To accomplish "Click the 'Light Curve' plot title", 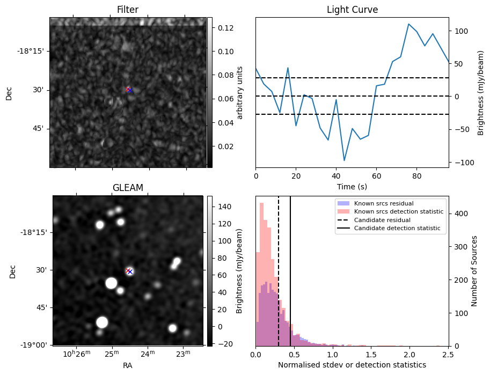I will [352, 10].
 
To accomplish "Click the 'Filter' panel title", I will [128, 10].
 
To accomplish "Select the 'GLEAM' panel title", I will [128, 187].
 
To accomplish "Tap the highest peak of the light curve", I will [408, 24].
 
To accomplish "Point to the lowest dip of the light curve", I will [344, 160].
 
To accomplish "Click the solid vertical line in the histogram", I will [290, 268].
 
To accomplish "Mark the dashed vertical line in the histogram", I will [279, 268].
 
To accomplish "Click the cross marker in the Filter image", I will [129, 90].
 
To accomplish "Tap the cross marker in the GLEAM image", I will [129, 271].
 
